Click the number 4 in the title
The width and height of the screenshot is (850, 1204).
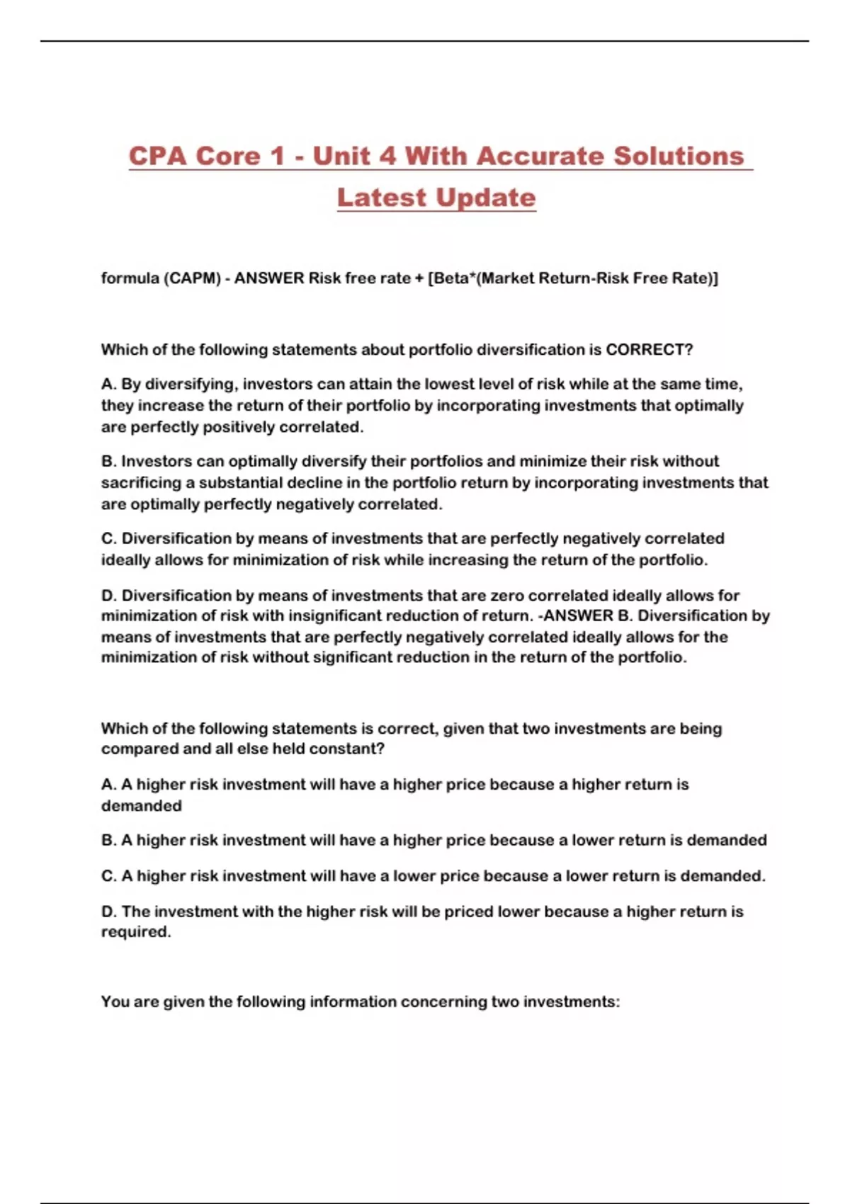click(387, 156)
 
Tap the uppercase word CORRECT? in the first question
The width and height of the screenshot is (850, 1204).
click(649, 350)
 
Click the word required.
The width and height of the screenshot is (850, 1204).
click(136, 932)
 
